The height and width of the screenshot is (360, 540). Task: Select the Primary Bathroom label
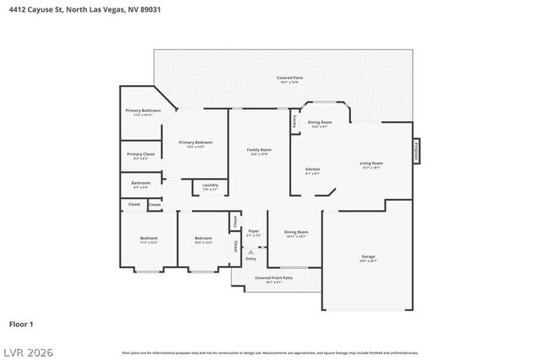pyautogui.click(x=143, y=112)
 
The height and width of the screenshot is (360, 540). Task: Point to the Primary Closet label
pyautogui.click(x=141, y=155)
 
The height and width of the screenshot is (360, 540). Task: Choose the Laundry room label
pyautogui.click(x=210, y=186)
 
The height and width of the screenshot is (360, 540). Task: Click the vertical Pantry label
pyautogui.click(x=294, y=121)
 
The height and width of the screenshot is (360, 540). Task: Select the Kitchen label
pyautogui.click(x=312, y=170)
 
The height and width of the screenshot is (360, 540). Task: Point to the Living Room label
pyautogui.click(x=371, y=164)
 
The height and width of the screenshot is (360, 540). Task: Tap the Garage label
pyautogui.click(x=368, y=258)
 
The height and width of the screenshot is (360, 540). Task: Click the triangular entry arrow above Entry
pyautogui.click(x=251, y=250)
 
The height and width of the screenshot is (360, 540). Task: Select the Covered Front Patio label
pyautogui.click(x=274, y=278)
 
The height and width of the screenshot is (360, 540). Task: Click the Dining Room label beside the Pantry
pyautogui.click(x=320, y=123)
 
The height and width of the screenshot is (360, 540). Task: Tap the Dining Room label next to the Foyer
pyautogui.click(x=296, y=234)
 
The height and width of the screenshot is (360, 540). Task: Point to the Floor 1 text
pyautogui.click(x=21, y=324)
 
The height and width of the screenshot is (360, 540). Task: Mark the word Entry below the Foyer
pyautogui.click(x=251, y=258)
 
